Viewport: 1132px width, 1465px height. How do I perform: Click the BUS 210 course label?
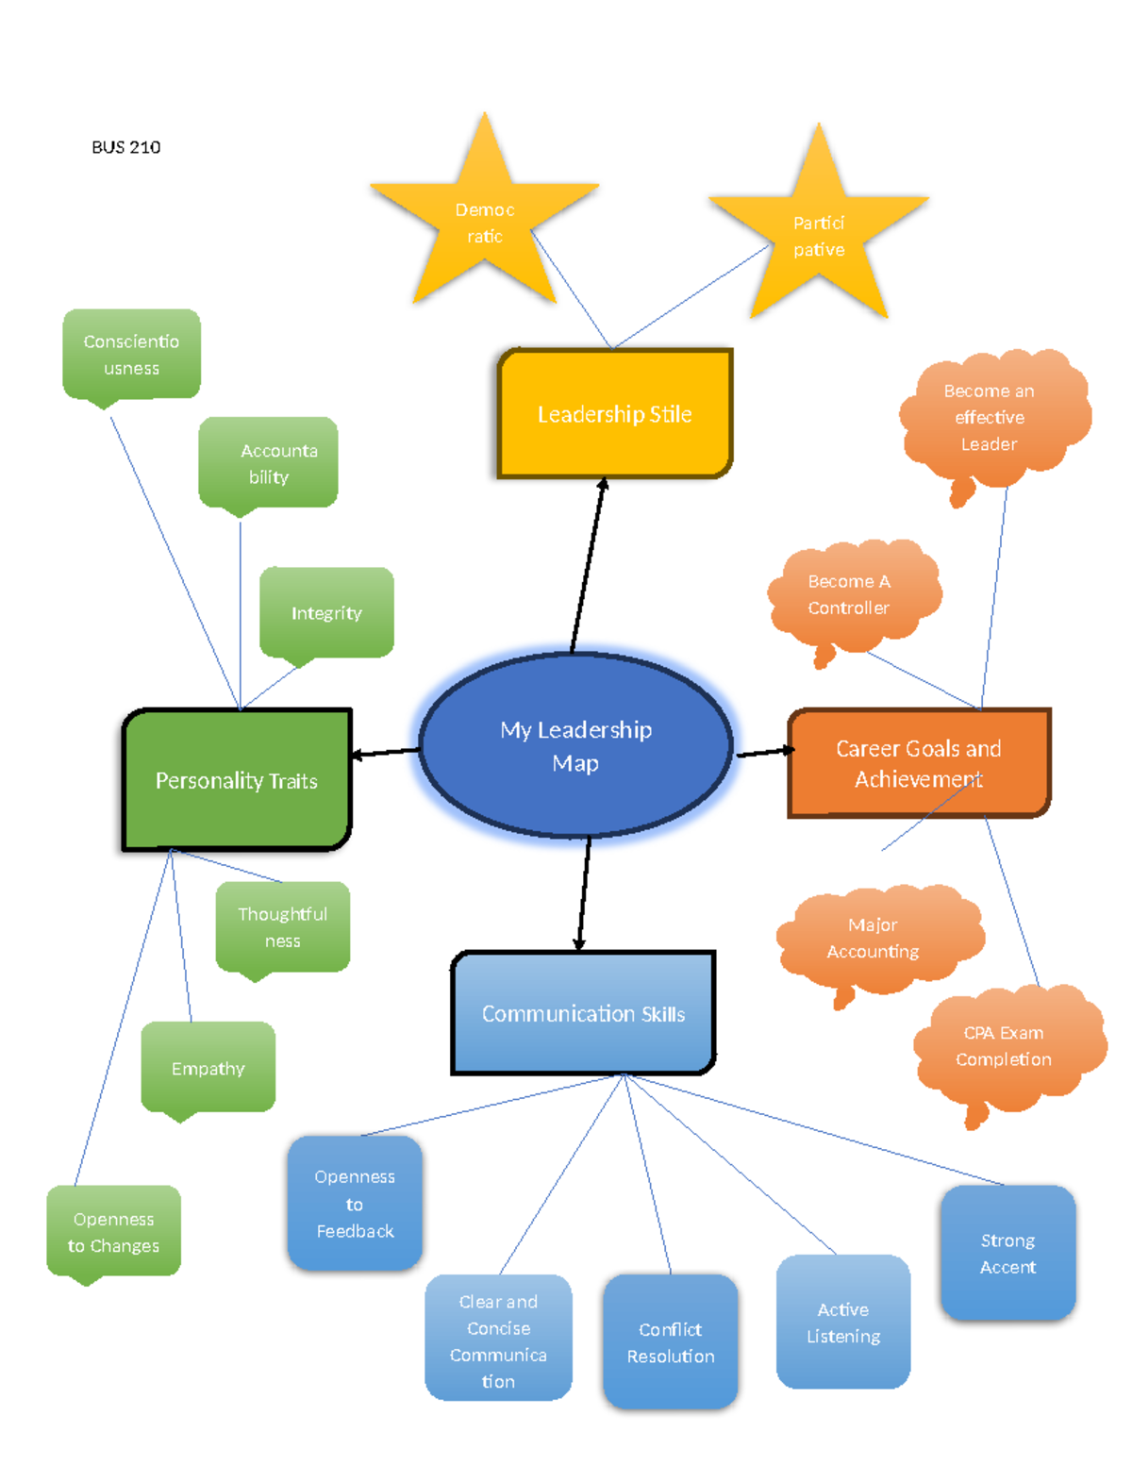[125, 147]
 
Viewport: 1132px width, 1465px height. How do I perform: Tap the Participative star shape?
[819, 236]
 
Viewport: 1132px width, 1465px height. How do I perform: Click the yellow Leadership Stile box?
[615, 414]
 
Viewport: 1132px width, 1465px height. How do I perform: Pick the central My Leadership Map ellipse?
[575, 745]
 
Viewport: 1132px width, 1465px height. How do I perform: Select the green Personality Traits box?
[237, 780]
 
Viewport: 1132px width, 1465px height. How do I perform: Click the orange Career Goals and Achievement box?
[918, 763]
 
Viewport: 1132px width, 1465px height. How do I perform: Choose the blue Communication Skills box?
[583, 1013]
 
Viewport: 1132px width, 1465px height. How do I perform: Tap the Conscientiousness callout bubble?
[131, 355]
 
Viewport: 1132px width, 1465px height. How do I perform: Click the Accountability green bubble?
[269, 463]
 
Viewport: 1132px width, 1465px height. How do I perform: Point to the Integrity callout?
[326, 613]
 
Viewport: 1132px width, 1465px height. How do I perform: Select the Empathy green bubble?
[208, 1068]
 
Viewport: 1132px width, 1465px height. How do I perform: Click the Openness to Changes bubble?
[113, 1232]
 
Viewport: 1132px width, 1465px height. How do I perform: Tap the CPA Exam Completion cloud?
[1006, 1047]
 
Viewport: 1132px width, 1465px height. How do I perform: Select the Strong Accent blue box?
[1007, 1253]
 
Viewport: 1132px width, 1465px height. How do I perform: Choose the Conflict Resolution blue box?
[671, 1341]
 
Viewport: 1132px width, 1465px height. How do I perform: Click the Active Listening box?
[843, 1322]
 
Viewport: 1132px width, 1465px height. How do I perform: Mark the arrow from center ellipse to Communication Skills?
[584, 894]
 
